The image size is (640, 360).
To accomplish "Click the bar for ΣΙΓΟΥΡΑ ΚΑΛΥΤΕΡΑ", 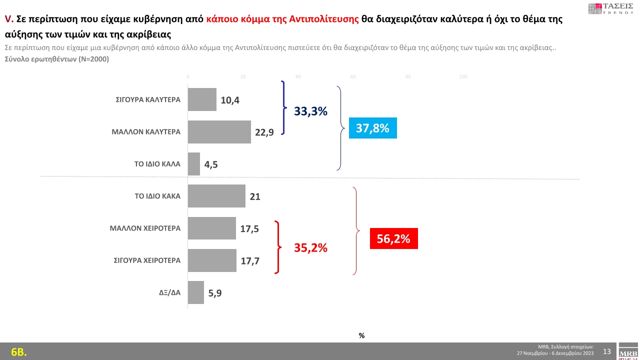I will tap(202, 99).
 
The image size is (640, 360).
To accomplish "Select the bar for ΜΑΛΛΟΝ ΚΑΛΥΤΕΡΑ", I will tap(219, 132).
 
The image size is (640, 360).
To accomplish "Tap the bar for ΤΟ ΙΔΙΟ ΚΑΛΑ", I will tap(193, 164).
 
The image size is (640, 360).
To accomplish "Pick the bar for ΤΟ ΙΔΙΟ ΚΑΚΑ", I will tap(216, 196).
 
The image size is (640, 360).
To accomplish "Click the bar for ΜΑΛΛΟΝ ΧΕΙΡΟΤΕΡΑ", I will tap(211, 228).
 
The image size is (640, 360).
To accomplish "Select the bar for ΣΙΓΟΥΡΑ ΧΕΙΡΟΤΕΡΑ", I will tap(212, 260).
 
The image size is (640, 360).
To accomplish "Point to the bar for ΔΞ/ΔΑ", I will tap(195, 292).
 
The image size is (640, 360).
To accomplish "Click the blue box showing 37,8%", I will tap(372, 128).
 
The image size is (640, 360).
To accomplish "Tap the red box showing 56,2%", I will tap(393, 239).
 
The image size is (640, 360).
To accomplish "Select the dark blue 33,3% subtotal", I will tap(310, 111).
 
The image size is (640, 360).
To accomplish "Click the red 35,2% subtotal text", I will tap(310, 247).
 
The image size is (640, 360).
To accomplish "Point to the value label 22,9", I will tap(264, 132).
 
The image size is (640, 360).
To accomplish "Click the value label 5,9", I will tap(214, 293).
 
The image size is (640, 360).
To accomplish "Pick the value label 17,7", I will tap(249, 260).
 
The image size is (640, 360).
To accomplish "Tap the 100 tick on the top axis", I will tap(463, 76).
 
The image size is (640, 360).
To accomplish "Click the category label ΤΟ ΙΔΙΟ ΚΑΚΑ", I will tap(157, 196).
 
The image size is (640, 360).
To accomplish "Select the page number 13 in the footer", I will tap(607, 351).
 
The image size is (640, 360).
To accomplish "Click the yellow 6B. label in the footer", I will tap(18, 352).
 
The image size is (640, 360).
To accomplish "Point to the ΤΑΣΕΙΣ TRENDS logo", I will tap(611, 8).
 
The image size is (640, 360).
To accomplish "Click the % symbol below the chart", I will tap(361, 335).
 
